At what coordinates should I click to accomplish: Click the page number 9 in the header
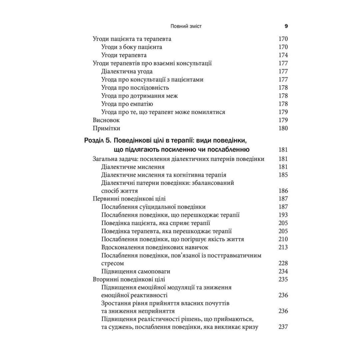click(286, 26)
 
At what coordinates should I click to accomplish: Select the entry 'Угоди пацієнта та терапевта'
click(132, 39)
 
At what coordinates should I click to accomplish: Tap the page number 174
click(283, 55)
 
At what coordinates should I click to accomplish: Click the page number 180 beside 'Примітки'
click(283, 128)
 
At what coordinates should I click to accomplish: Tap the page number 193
click(283, 215)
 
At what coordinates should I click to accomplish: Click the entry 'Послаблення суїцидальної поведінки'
click(154, 207)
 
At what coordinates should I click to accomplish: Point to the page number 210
click(283, 239)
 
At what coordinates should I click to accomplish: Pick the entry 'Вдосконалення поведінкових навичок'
click(155, 247)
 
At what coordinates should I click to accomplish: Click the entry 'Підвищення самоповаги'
click(136, 271)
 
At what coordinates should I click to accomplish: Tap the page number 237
click(283, 327)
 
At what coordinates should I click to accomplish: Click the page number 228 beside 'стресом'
click(283, 264)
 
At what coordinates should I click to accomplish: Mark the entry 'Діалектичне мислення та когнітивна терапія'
click(164, 175)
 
